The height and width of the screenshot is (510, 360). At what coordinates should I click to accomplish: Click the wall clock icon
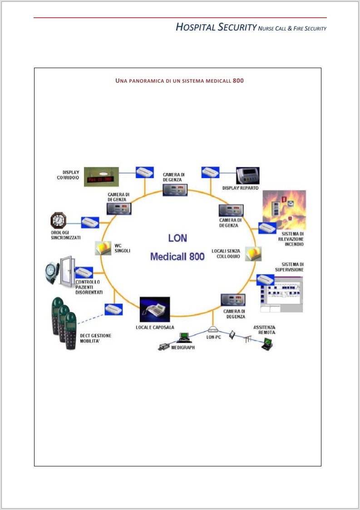[x=58, y=221]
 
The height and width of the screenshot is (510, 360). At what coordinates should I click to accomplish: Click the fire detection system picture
[x=284, y=209]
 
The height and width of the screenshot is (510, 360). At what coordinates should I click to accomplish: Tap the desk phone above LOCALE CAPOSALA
[x=154, y=309]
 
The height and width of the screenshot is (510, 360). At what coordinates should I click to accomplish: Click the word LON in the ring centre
[x=178, y=238]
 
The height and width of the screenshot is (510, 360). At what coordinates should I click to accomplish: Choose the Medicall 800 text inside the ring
[x=178, y=256]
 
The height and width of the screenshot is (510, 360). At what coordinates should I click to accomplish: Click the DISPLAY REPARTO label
[x=240, y=188]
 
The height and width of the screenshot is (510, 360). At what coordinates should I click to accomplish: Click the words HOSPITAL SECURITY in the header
[x=216, y=28]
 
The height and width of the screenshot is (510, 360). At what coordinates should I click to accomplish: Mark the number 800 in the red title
[x=238, y=81]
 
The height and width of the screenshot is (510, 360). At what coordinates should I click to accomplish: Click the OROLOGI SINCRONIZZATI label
[x=66, y=235]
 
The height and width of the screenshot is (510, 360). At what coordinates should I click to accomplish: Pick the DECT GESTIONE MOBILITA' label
[x=95, y=338]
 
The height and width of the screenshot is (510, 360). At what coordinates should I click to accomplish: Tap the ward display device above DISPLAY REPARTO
[x=248, y=175]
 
